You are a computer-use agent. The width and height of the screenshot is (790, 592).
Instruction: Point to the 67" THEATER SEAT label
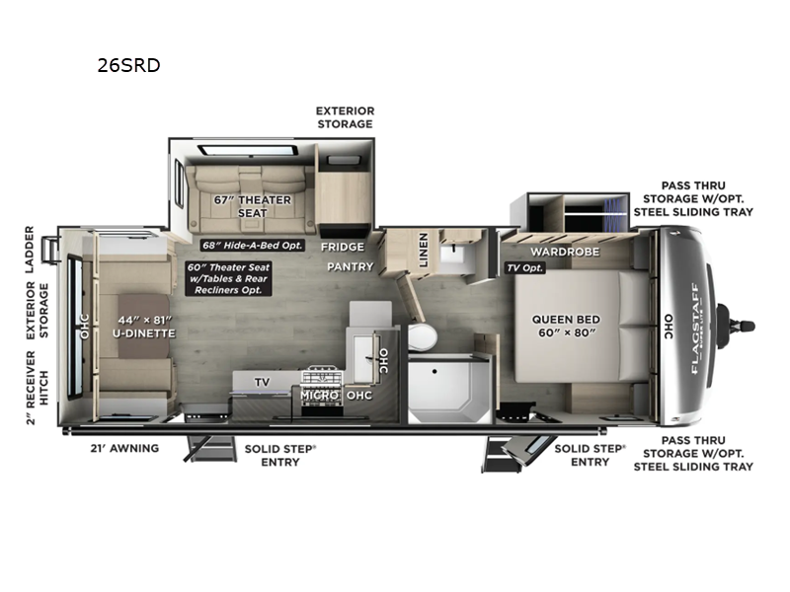[x=252, y=206]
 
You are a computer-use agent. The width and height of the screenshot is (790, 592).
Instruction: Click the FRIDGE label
[x=341, y=247]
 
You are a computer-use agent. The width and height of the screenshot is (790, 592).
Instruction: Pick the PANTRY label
[x=351, y=266]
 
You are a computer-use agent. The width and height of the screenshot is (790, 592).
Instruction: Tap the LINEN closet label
[x=424, y=248]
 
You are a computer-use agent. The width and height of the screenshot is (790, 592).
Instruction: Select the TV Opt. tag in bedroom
[x=524, y=267]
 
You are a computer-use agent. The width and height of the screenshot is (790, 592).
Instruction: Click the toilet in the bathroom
[x=422, y=336]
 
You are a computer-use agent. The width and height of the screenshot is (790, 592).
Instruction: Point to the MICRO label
[x=321, y=395]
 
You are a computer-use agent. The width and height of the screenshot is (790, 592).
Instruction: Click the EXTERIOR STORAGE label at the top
[x=344, y=117]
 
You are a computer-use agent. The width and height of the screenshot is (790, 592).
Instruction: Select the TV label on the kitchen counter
[x=262, y=381]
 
